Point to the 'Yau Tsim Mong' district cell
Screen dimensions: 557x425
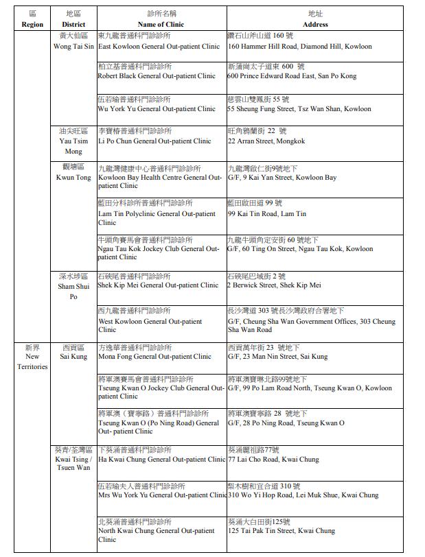pos(73,141)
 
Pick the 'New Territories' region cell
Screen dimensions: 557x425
pos(32,357)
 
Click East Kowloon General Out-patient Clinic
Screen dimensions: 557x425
pos(159,47)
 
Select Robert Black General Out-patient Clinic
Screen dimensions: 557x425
pos(157,76)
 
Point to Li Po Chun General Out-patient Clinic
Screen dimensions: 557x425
pos(154,141)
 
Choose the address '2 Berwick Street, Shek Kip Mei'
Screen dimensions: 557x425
pos(274,285)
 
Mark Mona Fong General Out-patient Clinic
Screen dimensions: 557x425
pos(154,357)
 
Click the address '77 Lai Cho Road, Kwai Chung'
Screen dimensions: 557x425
pos(273,460)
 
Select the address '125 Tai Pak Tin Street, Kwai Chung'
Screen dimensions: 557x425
pos(282,531)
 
